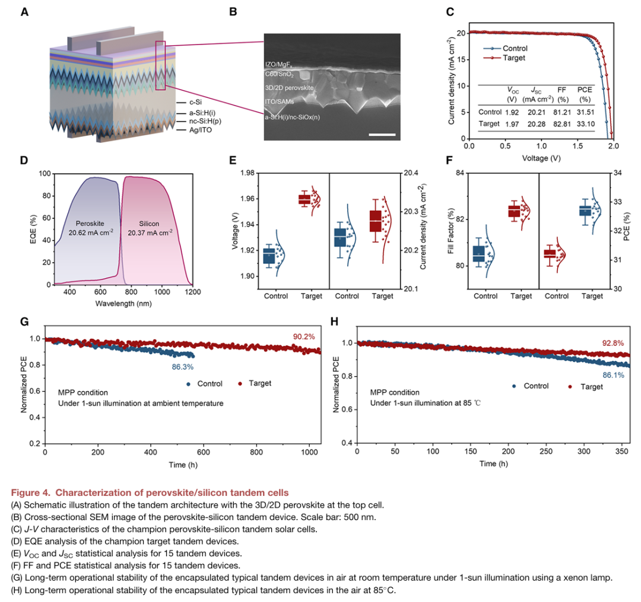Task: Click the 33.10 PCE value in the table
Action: click(585, 124)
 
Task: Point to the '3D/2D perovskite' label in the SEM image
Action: click(290, 87)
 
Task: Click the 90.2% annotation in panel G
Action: click(304, 337)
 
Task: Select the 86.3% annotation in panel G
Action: click(182, 367)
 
